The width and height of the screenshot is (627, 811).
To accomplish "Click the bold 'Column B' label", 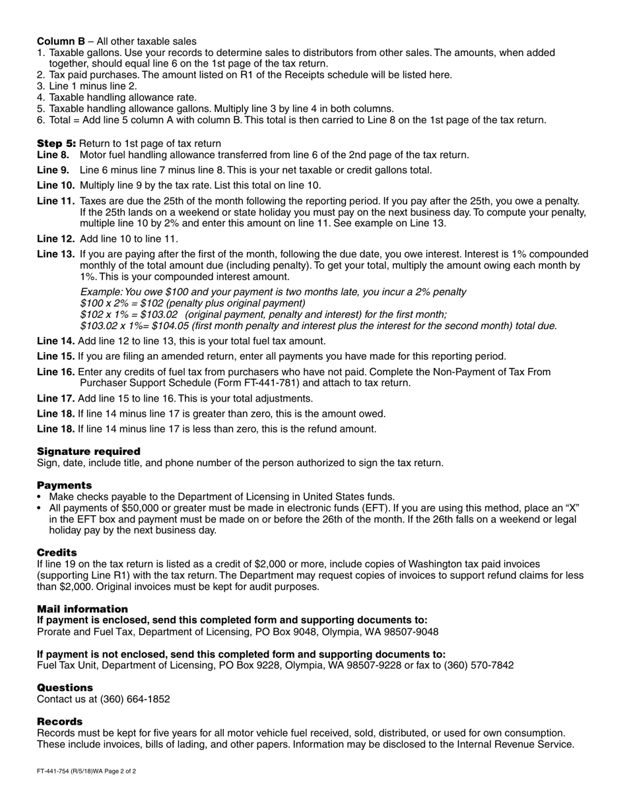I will (61, 41).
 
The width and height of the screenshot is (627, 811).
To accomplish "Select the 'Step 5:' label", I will (56, 143).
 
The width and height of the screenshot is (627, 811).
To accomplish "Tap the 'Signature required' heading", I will (88, 451).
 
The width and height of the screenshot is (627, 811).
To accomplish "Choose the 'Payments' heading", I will (64, 485).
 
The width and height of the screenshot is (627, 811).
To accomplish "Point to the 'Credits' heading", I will (57, 552).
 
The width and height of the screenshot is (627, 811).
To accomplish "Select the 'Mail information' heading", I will (82, 609).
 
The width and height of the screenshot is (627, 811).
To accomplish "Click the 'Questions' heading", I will (65, 687).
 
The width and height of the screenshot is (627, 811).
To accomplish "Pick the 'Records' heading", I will (59, 721).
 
